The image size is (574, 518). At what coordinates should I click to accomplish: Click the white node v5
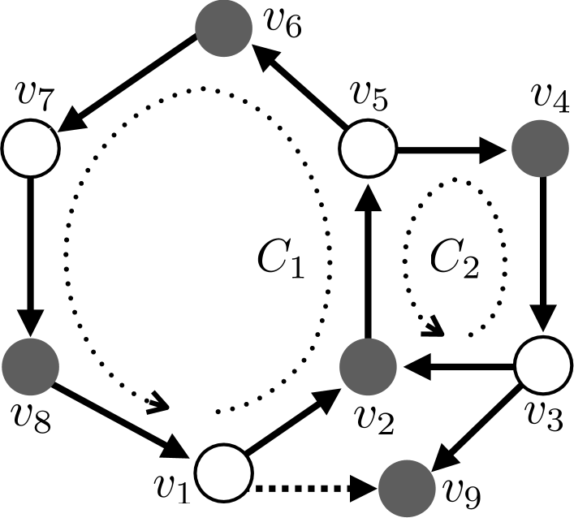(367, 149)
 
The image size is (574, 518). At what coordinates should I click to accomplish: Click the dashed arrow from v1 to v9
(313, 490)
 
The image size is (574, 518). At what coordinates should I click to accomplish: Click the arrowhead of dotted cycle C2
(434, 330)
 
